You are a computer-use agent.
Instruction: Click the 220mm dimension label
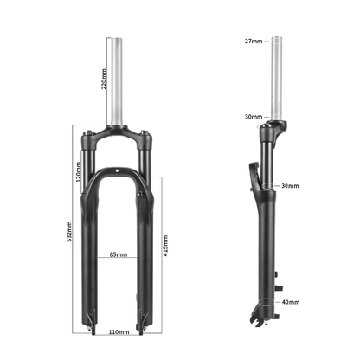[104, 80]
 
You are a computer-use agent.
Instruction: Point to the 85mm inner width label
[119, 255]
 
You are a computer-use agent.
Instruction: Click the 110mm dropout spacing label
[119, 331]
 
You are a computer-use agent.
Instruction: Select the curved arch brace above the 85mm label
[119, 170]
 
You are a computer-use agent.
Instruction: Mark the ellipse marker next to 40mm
[264, 303]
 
